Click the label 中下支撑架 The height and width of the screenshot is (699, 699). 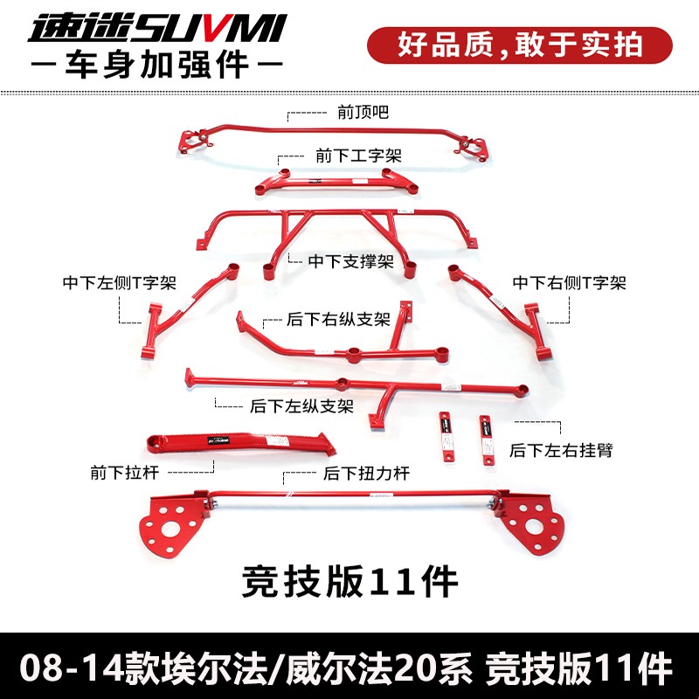click(350, 261)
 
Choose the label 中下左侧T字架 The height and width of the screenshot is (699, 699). click(120, 283)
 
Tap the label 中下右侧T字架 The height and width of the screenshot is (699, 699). click(569, 283)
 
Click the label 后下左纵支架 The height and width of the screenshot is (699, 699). click(301, 406)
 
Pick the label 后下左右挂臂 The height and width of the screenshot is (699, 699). click(562, 450)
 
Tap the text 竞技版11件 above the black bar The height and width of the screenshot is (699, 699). click(349, 581)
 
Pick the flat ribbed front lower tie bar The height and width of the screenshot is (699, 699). click(240, 443)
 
